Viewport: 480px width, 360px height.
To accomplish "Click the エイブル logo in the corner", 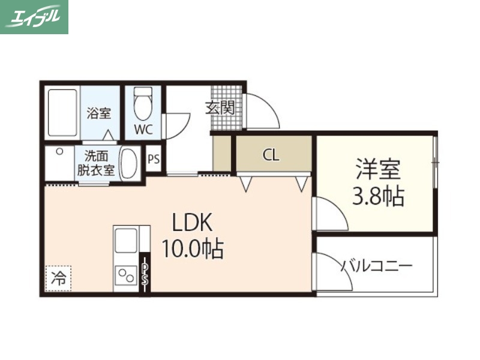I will [34, 17].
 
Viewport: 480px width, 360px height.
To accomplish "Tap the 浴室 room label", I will [99, 113].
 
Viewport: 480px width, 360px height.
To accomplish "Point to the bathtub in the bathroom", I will [62, 113].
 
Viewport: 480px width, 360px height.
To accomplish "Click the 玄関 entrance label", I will [220, 108].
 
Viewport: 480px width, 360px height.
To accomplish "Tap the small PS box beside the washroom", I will [154, 160].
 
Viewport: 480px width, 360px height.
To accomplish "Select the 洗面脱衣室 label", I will [95, 163].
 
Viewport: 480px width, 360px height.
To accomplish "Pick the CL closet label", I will [271, 155].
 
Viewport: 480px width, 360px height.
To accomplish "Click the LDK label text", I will [193, 224].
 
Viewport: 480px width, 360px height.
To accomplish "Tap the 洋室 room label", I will [377, 170].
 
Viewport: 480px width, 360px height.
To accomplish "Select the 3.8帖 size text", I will [377, 196].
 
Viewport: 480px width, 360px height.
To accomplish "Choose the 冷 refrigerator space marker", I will [58, 278].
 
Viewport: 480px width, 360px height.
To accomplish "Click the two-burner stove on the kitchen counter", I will [126, 277].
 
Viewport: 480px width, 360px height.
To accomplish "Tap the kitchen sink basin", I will [125, 241].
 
